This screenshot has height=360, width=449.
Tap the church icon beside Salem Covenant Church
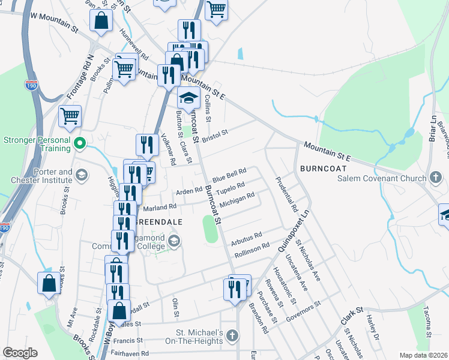pyautogui.click(x=436, y=178)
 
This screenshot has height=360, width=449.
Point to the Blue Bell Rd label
pyautogui.click(x=229, y=176)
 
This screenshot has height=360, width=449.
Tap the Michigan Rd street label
pyautogui.click(x=237, y=200)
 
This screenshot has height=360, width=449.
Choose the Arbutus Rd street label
pyautogui.click(x=247, y=239)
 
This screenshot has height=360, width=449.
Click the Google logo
pyautogui.click(x=20, y=353)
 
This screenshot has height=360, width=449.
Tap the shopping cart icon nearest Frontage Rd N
pyautogui.click(x=70, y=115)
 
